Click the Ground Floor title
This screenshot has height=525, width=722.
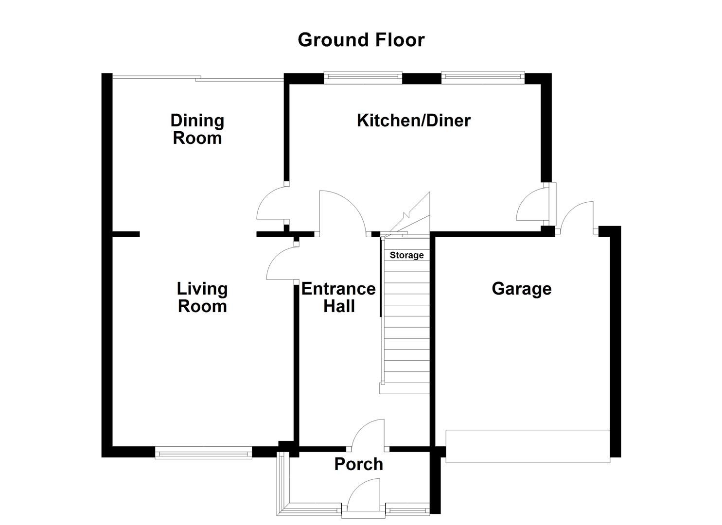(x=361, y=40)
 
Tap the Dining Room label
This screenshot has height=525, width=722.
(x=197, y=129)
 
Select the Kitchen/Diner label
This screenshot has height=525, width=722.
(x=413, y=121)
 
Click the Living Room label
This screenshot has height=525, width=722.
(x=202, y=297)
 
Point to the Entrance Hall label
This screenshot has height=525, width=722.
(x=338, y=297)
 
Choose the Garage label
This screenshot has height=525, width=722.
(x=521, y=289)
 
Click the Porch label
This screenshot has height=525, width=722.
(x=358, y=464)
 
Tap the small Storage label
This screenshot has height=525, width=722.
(x=406, y=255)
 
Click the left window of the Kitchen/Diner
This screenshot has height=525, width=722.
(x=363, y=76)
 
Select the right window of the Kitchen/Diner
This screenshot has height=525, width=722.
(x=483, y=76)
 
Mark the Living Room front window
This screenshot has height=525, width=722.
(x=203, y=455)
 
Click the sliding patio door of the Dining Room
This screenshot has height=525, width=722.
(x=197, y=78)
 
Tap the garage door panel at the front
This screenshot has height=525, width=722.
(x=528, y=446)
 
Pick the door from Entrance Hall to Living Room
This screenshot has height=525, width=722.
(x=282, y=263)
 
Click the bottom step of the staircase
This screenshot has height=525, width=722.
(x=405, y=387)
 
